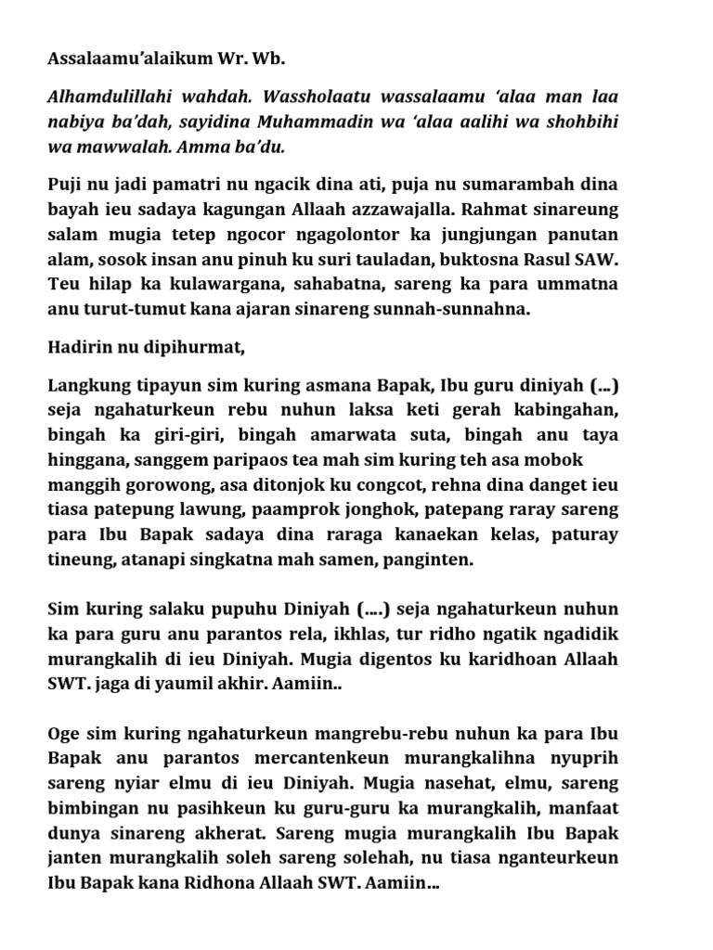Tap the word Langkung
point(85,385)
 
